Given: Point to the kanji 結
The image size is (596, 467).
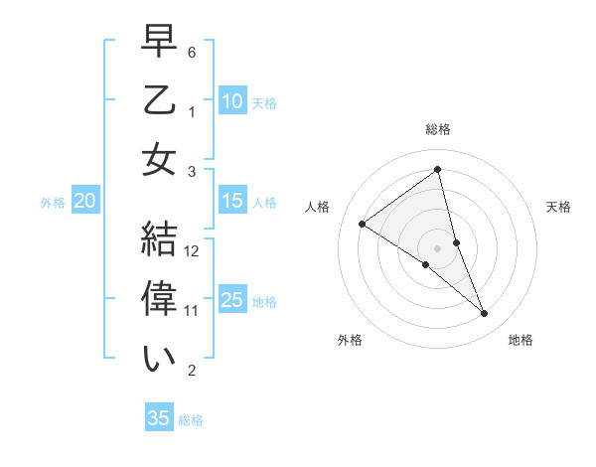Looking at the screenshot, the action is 159,241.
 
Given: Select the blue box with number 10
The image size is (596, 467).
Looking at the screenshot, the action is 231,100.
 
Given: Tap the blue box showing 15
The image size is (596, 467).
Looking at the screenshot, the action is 231,201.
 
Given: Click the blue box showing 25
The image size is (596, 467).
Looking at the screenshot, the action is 231,299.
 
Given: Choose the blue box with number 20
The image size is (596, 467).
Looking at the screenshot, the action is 84,201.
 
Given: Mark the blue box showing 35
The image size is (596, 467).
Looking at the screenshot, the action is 159,418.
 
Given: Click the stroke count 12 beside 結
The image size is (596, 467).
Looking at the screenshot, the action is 193,250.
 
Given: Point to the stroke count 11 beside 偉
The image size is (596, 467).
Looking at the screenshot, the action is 193,310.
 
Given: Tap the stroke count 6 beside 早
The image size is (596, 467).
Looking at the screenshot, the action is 192,51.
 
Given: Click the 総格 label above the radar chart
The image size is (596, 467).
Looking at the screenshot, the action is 438,129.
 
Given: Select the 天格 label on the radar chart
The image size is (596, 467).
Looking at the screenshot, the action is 559,207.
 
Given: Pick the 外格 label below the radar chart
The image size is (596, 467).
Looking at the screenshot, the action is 350,340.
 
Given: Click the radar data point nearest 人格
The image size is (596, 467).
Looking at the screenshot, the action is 363,224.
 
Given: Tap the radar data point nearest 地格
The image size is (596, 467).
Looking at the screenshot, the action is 485,314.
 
